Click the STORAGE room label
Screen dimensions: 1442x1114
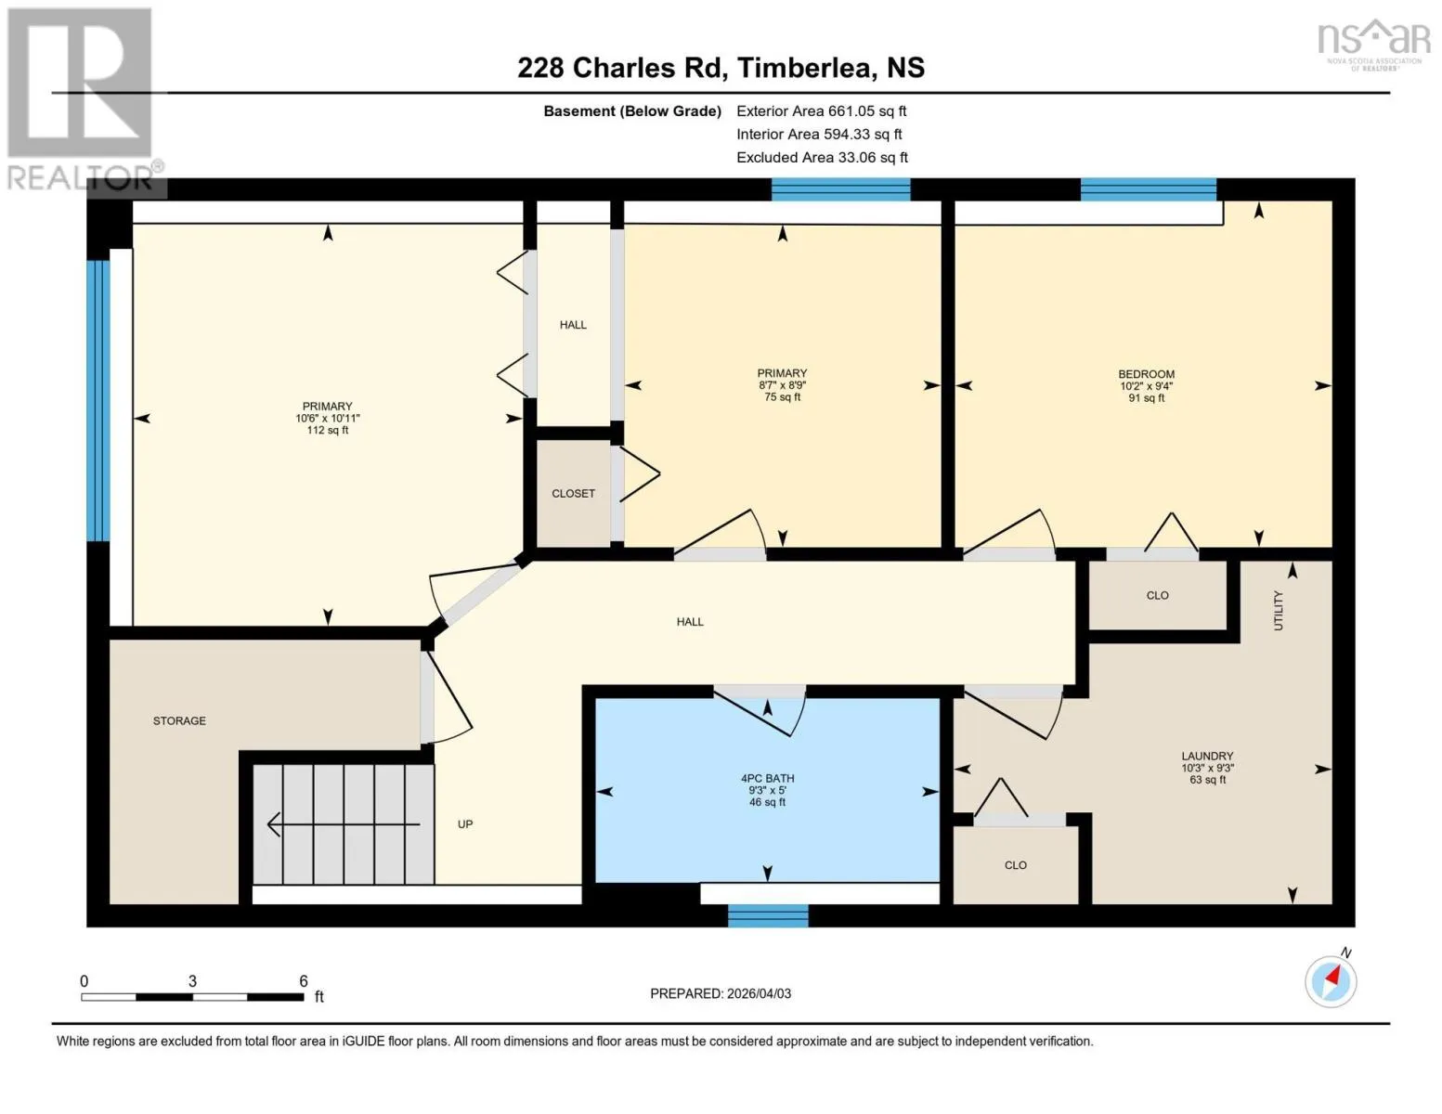pyautogui.click(x=179, y=720)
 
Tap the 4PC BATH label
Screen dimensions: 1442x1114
pyautogui.click(x=768, y=778)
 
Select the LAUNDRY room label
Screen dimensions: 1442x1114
pyautogui.click(x=1207, y=756)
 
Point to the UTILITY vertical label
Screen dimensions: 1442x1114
pyautogui.click(x=1278, y=611)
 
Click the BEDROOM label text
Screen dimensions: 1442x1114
pyautogui.click(x=1146, y=374)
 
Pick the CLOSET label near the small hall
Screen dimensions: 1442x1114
pyautogui.click(x=573, y=494)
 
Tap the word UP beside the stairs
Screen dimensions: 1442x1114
pyautogui.click(x=465, y=824)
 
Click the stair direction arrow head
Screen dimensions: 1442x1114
pyautogui.click(x=272, y=824)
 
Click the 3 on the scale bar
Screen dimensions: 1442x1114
pyautogui.click(x=192, y=980)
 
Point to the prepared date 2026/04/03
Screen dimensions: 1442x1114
pyautogui.click(x=759, y=993)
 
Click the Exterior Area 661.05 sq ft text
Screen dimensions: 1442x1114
pyautogui.click(x=822, y=110)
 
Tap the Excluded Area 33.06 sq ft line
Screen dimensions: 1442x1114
pyautogui.click(x=822, y=157)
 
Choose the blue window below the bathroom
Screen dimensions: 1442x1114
pyautogui.click(x=768, y=916)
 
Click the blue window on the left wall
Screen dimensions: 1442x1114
pyautogui.click(x=98, y=401)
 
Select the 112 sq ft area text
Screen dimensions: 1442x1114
pyautogui.click(x=327, y=430)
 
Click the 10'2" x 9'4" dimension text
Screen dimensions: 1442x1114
pyautogui.click(x=1146, y=386)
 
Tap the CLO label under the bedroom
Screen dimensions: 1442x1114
pyautogui.click(x=1157, y=595)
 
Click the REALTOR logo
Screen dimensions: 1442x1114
pyautogui.click(x=83, y=100)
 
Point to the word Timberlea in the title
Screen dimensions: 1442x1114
pyautogui.click(x=807, y=68)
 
